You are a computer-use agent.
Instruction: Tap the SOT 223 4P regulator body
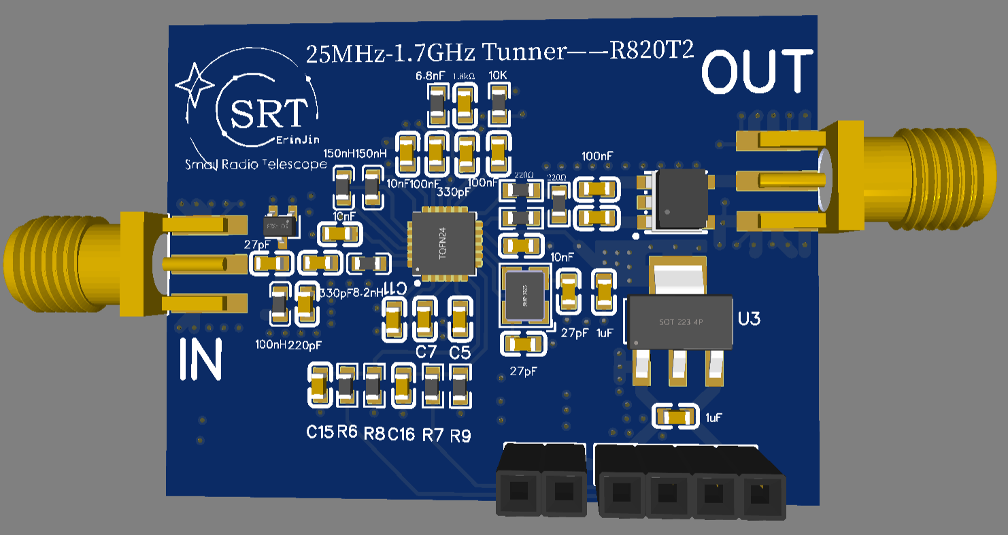(679, 321)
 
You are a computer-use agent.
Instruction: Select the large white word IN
(201, 360)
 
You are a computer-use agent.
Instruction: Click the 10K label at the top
(499, 75)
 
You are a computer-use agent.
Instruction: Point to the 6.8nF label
(431, 75)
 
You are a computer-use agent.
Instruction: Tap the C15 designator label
(320, 432)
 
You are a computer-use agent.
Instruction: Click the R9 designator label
(460, 435)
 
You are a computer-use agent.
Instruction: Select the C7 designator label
(426, 352)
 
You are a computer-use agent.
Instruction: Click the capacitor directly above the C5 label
(459, 319)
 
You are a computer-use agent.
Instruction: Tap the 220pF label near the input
(304, 345)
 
